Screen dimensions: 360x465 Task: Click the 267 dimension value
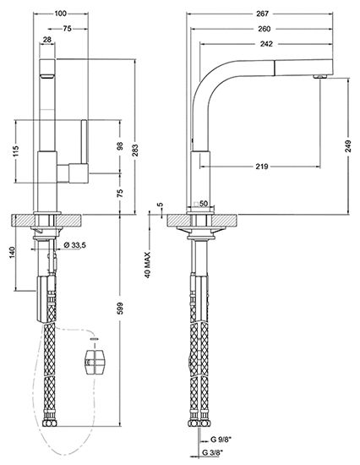coord(262,14)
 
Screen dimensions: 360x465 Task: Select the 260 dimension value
coord(265,29)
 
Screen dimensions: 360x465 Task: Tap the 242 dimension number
coord(266,44)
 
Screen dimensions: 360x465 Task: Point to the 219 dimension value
coord(262,167)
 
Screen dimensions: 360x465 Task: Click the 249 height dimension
coord(348,146)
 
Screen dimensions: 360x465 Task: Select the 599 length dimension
coord(120,309)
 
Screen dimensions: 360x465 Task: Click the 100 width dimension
coord(61,14)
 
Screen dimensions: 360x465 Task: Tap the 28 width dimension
coord(47,39)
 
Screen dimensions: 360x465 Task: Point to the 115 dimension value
coord(16,151)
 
